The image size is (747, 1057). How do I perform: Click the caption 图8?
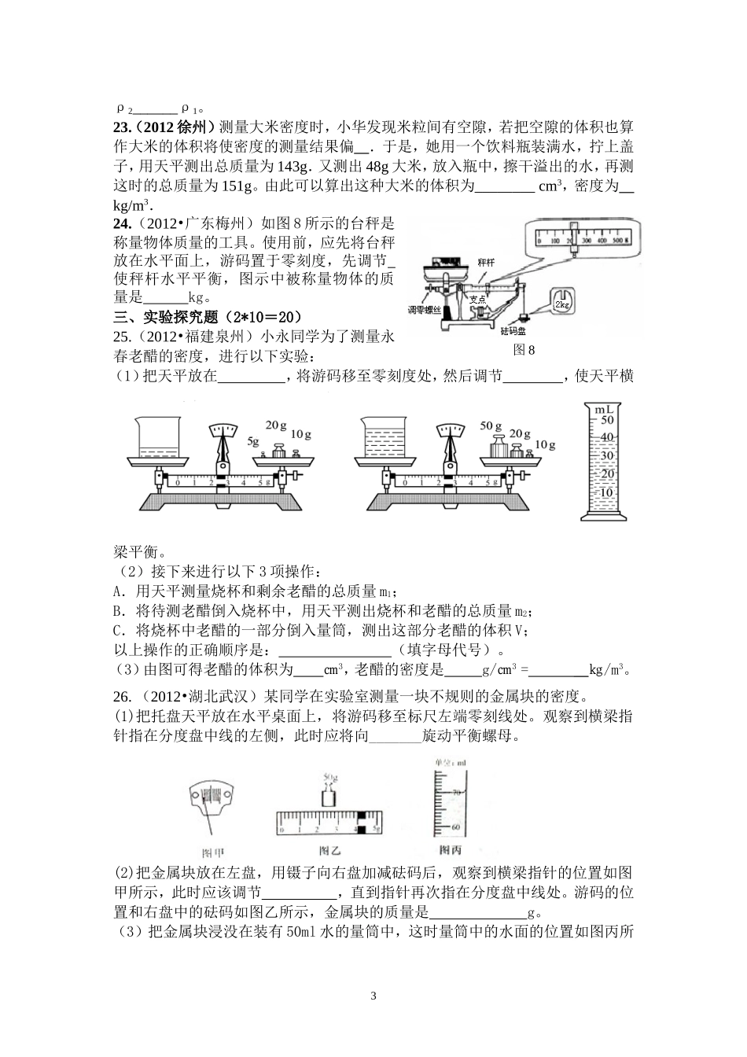tap(523, 350)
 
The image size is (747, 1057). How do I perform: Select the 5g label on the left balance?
tap(253, 441)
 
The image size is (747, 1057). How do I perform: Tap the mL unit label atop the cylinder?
tap(605, 410)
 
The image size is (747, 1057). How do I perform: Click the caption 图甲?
tap(213, 852)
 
